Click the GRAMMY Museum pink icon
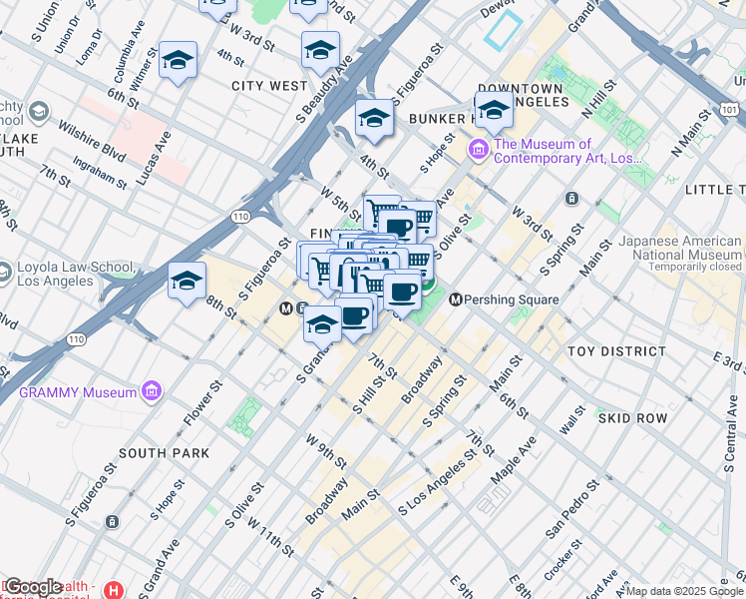point(152,391)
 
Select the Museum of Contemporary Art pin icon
point(478,151)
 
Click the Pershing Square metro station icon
point(458,299)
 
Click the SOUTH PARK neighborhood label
point(164,452)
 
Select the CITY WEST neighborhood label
point(269,86)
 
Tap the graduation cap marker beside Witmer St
point(179,62)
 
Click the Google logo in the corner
point(32,587)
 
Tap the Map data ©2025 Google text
point(683,590)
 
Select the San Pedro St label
point(571,513)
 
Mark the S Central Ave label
point(730,440)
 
